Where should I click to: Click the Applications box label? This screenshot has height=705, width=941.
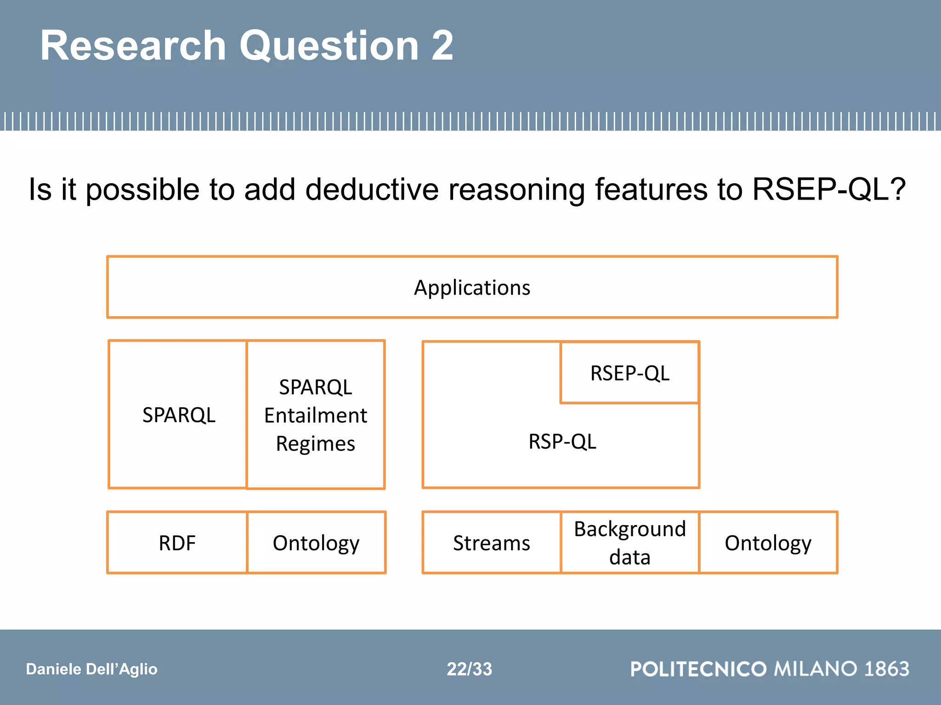pos(472,288)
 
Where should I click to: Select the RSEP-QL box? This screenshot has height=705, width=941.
pos(629,373)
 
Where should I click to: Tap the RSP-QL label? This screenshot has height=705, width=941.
pos(562,442)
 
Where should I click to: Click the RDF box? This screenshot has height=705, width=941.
pos(177,543)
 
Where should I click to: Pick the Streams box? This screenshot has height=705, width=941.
pos(491,543)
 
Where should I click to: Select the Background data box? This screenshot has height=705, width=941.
pos(629,543)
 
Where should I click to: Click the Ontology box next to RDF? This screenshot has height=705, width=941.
pos(316,543)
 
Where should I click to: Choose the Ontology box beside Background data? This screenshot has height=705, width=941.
pos(768,543)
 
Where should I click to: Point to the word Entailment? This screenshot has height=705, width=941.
pos(315,415)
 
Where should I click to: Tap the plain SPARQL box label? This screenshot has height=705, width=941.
pos(179,415)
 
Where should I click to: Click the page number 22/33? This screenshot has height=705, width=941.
pos(469,669)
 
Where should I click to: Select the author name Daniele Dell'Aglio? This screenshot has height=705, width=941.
pos(91,669)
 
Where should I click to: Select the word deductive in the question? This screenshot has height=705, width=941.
pos(372,190)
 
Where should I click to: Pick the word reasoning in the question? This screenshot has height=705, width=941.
pos(516,190)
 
